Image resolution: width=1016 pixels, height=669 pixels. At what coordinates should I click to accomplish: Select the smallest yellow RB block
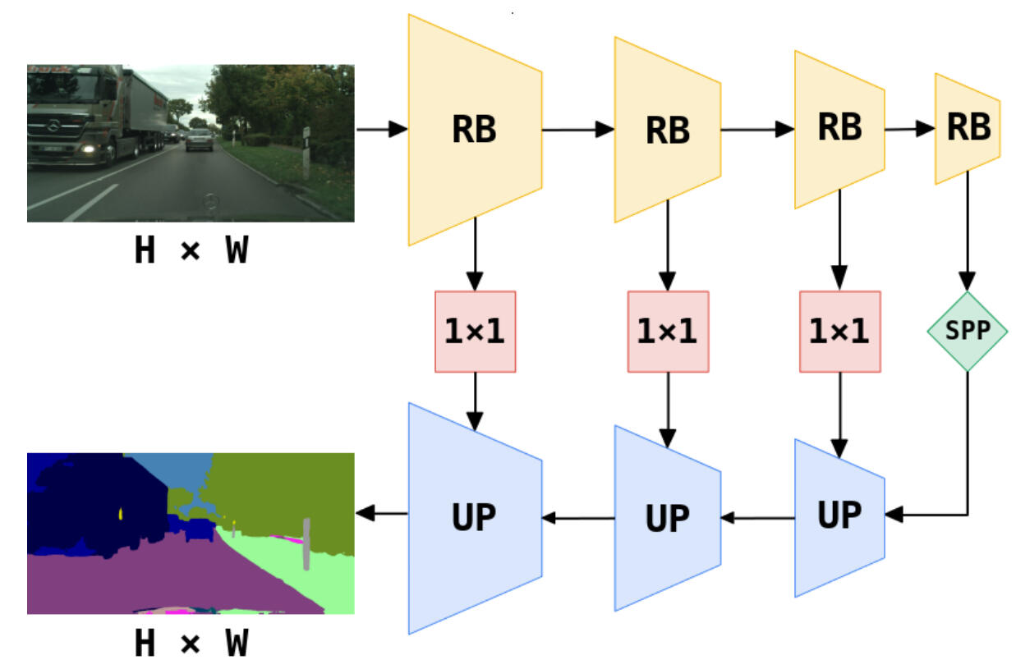(968, 128)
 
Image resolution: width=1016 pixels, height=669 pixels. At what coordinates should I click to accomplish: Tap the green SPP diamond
(968, 331)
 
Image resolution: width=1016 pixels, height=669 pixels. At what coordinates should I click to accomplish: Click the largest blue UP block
(475, 517)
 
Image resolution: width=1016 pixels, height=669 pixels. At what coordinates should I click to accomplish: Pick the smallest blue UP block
(839, 517)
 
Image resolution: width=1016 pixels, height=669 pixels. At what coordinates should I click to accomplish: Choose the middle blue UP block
(667, 517)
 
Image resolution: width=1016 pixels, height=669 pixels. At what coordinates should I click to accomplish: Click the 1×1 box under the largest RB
(475, 331)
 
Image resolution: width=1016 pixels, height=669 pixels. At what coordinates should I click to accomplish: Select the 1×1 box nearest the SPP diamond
(839, 331)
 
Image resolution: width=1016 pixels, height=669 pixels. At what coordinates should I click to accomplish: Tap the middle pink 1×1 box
(667, 331)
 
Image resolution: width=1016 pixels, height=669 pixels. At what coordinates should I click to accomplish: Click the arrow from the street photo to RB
(382, 129)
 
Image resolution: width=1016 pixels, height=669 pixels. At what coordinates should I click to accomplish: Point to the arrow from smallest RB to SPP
(968, 230)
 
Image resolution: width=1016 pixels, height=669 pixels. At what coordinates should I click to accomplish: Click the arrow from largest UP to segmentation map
(382, 515)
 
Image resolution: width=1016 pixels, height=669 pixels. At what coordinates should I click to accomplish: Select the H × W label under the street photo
(191, 251)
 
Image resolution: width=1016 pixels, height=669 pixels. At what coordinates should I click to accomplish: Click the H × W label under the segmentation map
(191, 644)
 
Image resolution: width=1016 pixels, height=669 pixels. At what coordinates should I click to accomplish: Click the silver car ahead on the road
(199, 140)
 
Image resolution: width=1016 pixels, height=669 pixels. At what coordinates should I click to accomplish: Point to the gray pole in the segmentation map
(306, 543)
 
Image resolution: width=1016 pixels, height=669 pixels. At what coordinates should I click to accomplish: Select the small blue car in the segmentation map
(199, 529)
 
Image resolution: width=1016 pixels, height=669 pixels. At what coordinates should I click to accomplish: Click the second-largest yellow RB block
(667, 129)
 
